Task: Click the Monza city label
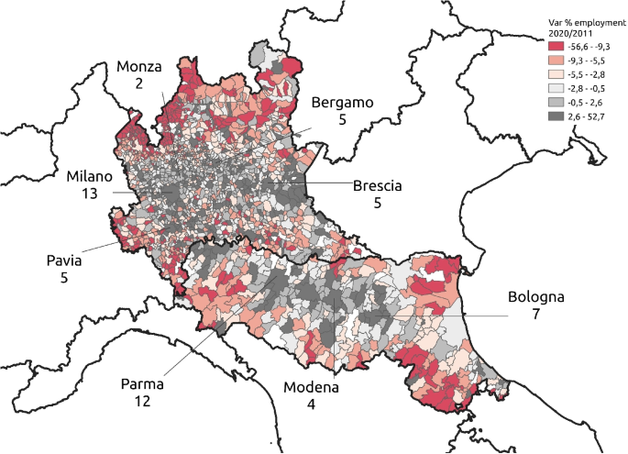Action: click(x=139, y=67)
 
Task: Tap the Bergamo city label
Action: click(x=342, y=103)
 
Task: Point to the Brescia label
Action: click(x=378, y=185)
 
